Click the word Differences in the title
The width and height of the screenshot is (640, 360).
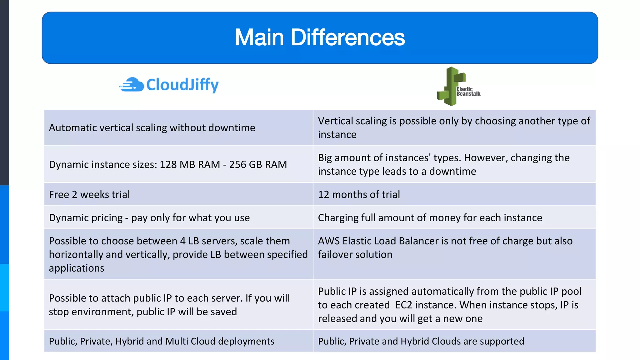click(x=347, y=37)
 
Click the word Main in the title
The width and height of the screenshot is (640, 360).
click(x=259, y=37)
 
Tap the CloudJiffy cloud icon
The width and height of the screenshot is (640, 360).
click(x=132, y=85)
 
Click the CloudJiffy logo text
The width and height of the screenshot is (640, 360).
click(x=182, y=85)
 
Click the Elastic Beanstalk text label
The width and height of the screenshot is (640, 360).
click(x=468, y=91)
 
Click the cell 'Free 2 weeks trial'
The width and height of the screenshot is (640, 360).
click(x=89, y=194)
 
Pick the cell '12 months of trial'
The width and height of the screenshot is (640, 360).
click(x=359, y=194)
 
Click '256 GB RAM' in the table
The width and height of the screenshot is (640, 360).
click(x=258, y=164)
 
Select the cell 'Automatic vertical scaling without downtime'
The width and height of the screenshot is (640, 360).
click(x=152, y=128)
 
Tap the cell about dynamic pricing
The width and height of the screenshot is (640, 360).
click(x=149, y=217)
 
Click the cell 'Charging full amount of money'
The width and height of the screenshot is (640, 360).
click(x=430, y=217)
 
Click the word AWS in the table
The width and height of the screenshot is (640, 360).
click(x=328, y=241)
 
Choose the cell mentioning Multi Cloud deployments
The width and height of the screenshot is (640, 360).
click(x=162, y=341)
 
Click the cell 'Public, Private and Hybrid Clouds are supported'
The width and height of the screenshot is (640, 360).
click(x=421, y=341)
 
